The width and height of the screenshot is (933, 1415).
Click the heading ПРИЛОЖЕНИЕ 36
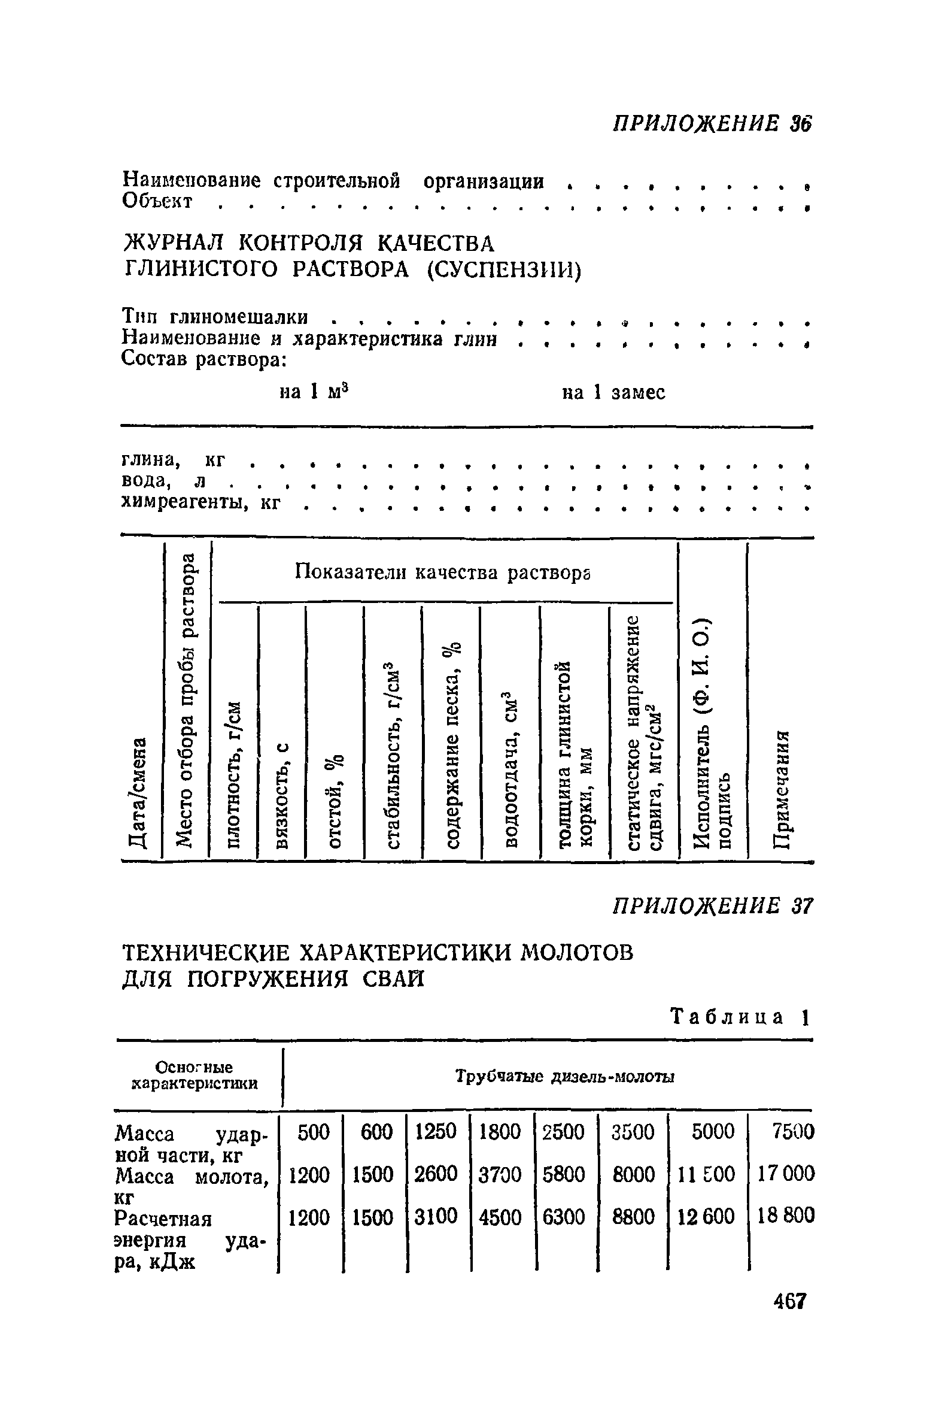pyautogui.click(x=710, y=123)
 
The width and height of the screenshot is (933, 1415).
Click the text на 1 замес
pyautogui.click(x=613, y=393)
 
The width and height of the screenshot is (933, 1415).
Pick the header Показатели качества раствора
pyautogui.click(x=443, y=573)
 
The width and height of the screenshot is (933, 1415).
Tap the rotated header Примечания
pyautogui.click(x=780, y=788)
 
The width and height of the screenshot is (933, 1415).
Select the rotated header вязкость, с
pyautogui.click(x=281, y=796)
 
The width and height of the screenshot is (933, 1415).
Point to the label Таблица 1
pyautogui.click(x=739, y=1016)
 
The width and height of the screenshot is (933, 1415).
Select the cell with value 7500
pyautogui.click(x=793, y=1132)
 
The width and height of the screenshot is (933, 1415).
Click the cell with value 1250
pyautogui.click(x=436, y=1131)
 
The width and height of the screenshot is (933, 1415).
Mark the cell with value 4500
pyautogui.click(x=500, y=1216)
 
